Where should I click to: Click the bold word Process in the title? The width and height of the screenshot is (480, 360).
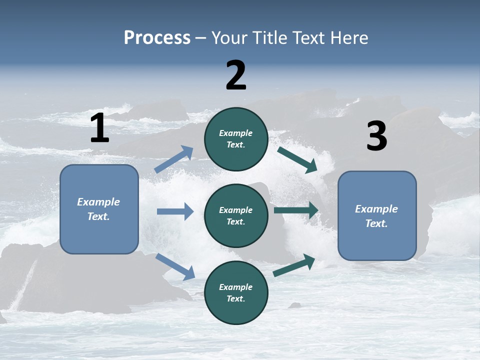(157, 38)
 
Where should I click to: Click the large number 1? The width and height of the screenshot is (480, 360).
(99, 128)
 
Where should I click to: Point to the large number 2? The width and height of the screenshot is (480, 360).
(236, 75)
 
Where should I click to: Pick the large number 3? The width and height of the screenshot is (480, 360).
(376, 136)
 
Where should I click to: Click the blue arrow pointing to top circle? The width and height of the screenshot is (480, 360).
(173, 159)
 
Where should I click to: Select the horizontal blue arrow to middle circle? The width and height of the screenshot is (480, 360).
(175, 211)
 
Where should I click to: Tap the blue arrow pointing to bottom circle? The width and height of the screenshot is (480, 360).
(175, 266)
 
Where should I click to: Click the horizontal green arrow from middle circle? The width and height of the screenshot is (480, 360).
(296, 210)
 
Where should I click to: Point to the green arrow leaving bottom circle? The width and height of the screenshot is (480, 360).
(294, 265)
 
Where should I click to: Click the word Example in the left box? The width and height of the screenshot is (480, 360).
(98, 202)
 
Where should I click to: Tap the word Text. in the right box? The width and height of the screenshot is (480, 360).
(376, 223)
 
